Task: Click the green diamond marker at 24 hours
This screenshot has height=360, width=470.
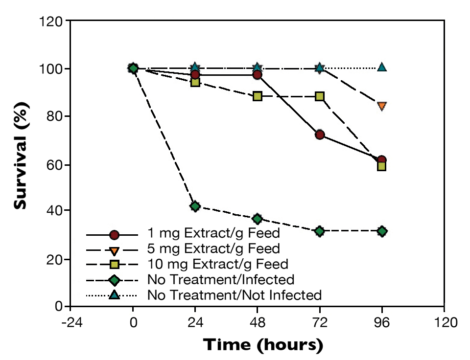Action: point(195,206)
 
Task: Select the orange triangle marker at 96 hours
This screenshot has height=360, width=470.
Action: point(382,106)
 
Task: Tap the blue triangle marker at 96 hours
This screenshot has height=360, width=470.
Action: point(382,67)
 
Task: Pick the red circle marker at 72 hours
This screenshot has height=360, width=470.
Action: point(320,135)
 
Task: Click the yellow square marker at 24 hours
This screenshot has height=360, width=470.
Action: point(195,82)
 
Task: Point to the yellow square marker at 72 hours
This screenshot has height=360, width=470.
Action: point(320,96)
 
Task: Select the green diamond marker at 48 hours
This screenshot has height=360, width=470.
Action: point(257,218)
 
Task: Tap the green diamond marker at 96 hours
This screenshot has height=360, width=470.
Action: point(382,231)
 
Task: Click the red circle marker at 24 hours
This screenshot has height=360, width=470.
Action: point(195,74)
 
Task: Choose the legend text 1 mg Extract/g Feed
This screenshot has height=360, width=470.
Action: point(213,234)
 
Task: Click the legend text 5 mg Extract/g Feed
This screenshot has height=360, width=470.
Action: point(213,249)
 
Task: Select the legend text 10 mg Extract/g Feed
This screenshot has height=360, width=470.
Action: point(217,264)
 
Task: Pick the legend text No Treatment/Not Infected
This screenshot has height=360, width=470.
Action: point(234,295)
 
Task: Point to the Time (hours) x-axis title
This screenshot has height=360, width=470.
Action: point(263,345)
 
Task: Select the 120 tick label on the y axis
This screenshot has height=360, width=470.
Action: point(51,22)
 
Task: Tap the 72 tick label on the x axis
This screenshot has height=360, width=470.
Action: point(320,323)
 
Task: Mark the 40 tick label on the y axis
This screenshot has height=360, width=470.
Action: point(55,211)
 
